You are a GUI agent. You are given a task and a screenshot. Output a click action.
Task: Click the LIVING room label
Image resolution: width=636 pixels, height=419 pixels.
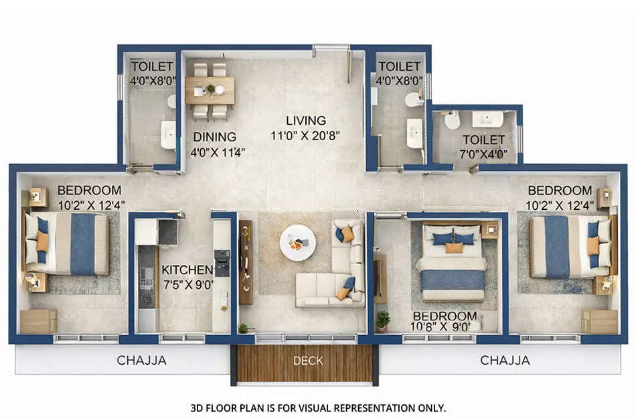306,121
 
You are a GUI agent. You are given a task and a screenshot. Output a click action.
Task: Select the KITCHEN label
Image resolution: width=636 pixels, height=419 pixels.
187,270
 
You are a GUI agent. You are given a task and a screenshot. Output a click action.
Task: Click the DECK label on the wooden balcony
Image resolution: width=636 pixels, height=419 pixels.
308,361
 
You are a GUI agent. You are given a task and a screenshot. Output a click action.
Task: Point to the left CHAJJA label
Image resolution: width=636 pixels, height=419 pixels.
141,361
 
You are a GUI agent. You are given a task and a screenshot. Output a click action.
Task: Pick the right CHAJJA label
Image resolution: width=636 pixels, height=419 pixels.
505,361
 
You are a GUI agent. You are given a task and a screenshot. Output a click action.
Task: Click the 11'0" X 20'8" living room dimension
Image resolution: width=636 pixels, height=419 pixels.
305,135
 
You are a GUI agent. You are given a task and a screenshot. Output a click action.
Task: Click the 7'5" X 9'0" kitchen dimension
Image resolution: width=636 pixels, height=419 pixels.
187,284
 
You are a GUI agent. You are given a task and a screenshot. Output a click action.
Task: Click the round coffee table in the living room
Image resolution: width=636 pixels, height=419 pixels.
297,243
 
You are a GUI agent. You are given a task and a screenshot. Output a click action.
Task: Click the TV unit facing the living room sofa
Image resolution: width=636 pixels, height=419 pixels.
246,261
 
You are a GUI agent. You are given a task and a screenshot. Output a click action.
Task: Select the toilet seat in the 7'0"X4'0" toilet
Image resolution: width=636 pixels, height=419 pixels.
453,121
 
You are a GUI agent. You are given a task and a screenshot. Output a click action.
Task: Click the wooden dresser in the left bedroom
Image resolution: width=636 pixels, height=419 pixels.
38,321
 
